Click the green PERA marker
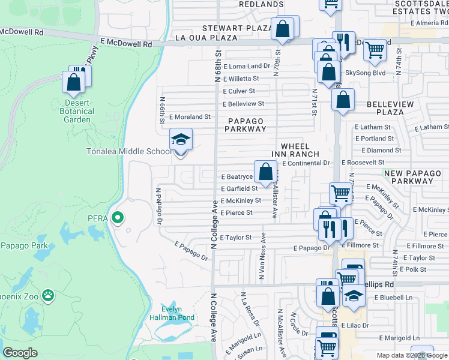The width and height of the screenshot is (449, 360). click(x=118, y=218)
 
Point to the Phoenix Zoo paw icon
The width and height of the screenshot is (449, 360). click(x=48, y=296)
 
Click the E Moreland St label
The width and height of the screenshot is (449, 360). click(x=190, y=117)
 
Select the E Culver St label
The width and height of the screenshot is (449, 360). click(x=238, y=91)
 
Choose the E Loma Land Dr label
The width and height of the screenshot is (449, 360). click(x=246, y=65)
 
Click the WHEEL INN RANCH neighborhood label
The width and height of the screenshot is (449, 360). click(x=295, y=150)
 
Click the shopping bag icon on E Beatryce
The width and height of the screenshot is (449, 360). click(x=265, y=172)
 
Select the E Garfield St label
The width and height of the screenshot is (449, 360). click(x=239, y=188)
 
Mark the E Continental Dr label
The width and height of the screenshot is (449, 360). click(x=306, y=163)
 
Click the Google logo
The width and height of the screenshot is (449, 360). click(x=20, y=353)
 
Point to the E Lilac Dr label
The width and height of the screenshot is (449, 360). click(x=356, y=325)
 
